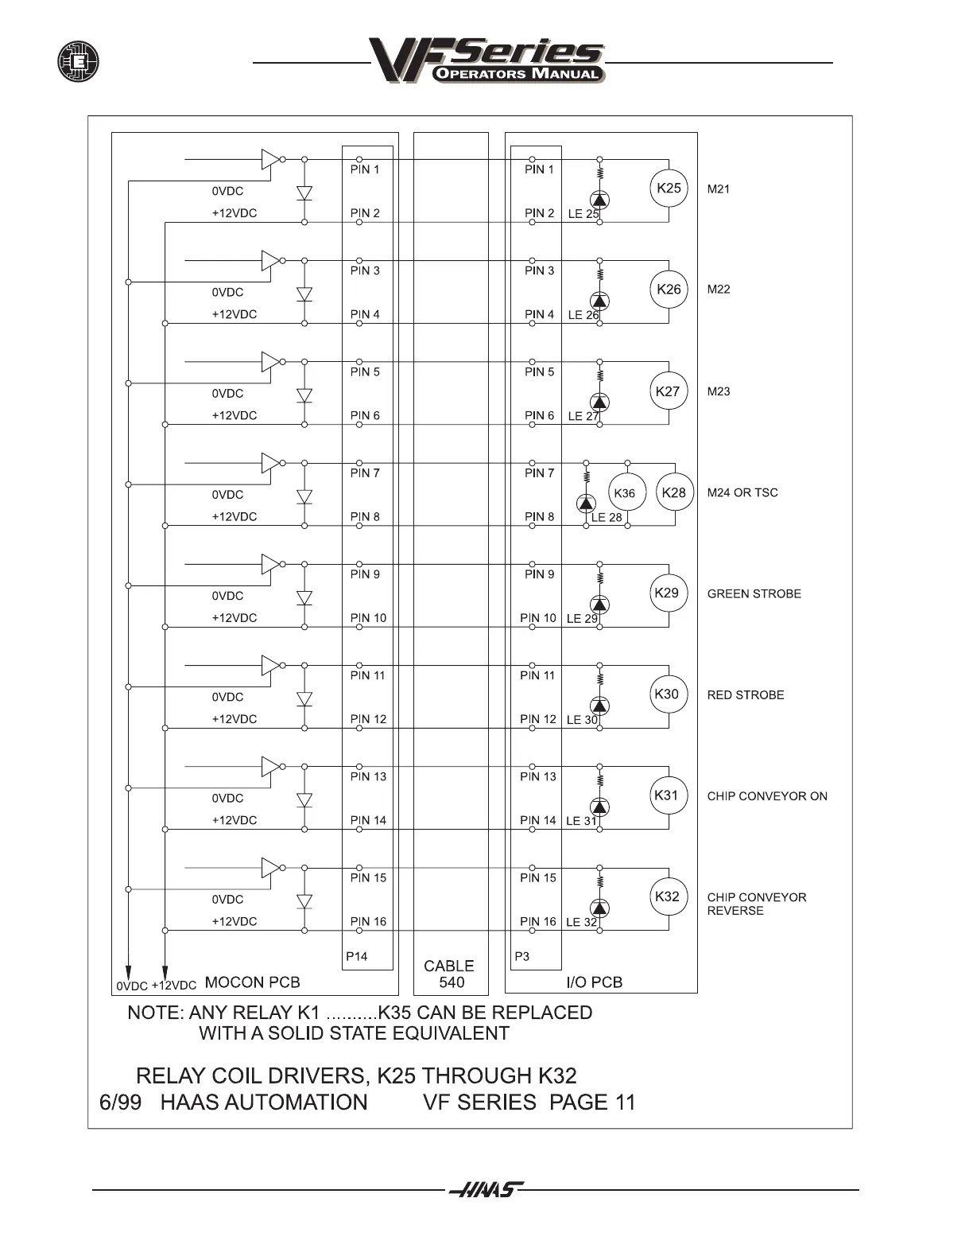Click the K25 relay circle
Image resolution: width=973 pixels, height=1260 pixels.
pos(669,189)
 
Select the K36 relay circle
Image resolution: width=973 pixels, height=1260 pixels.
pos(626,493)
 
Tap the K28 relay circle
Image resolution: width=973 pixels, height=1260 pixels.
pos(674,492)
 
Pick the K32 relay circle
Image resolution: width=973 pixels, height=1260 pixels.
pos(667,896)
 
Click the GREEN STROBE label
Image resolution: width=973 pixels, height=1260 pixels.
pos(754,593)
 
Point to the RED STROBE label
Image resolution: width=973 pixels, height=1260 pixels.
pos(745,694)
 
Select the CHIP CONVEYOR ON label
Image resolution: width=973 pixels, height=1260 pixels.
pos(766,795)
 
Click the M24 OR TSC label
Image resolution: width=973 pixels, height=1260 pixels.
pos(742,492)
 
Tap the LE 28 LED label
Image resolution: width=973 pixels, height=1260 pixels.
pos(607,517)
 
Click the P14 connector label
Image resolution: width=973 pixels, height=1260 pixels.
pos(356,956)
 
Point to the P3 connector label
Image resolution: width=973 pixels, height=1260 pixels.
pos(521,956)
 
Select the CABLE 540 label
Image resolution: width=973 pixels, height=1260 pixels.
pos(450,974)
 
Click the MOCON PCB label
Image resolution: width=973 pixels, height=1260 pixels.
pos(252,982)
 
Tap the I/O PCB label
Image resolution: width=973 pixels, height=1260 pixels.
pos(594,982)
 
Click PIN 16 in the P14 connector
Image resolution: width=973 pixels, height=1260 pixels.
pos(368,921)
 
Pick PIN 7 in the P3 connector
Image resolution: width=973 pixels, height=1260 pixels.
pos(539,472)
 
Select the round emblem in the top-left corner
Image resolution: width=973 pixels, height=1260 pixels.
pos(78,61)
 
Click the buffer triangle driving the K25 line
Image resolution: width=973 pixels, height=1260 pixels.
pos(269,159)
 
